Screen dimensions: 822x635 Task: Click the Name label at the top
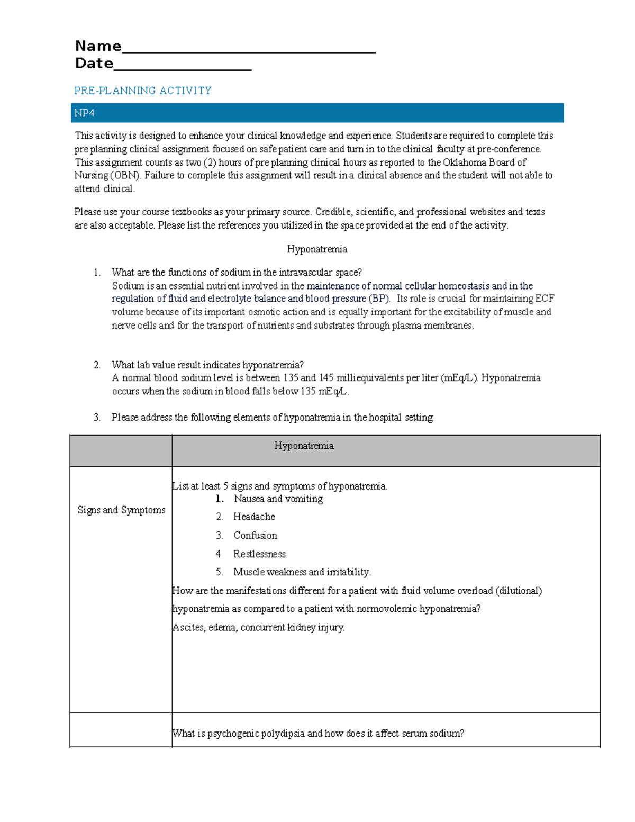click(x=98, y=46)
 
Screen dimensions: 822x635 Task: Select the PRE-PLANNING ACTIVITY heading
click(x=143, y=91)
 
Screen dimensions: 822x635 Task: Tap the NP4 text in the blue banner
click(x=84, y=113)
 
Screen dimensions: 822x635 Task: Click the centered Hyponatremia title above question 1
click(x=317, y=249)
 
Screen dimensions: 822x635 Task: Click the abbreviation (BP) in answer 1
click(x=379, y=299)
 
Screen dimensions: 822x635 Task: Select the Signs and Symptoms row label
click(x=121, y=510)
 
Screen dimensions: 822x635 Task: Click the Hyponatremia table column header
click(x=304, y=446)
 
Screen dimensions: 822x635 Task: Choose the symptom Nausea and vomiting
click(x=278, y=499)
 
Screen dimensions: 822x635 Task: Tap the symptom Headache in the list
click(x=254, y=517)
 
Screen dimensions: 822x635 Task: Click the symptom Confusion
click(x=255, y=535)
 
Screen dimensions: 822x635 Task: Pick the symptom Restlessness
click(x=259, y=554)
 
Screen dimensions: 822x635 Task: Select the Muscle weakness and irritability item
click(x=302, y=572)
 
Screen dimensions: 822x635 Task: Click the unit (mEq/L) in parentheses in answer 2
click(x=459, y=378)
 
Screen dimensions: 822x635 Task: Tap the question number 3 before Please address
click(x=97, y=417)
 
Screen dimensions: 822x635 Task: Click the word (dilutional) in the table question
click(x=518, y=590)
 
